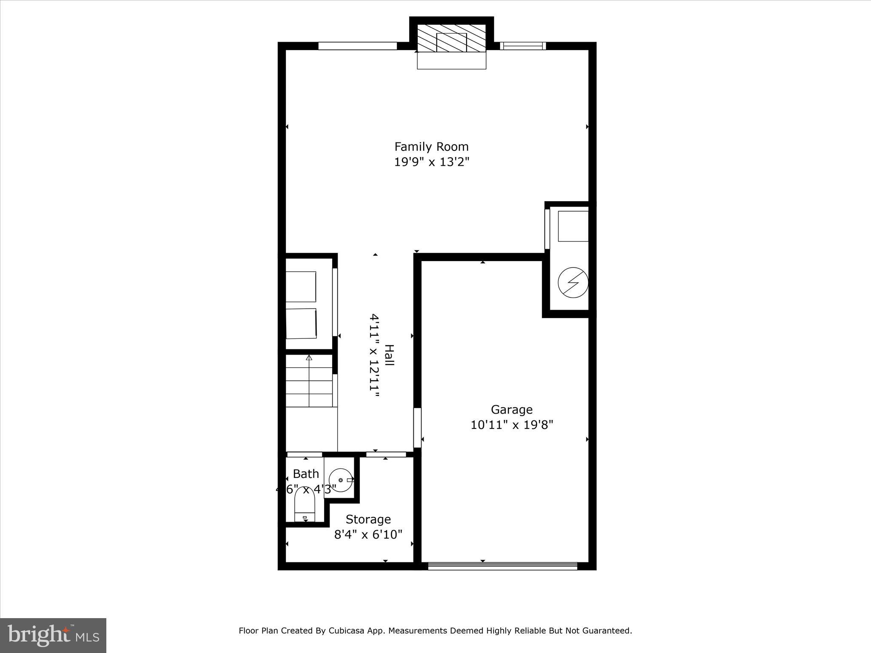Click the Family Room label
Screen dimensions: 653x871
coord(431,147)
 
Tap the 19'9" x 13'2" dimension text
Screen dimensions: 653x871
coord(431,162)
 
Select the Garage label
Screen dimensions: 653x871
coord(512,409)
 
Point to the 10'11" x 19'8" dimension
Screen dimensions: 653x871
coord(512,425)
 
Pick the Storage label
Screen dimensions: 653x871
coord(368,519)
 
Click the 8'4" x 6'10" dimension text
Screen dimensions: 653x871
coord(368,534)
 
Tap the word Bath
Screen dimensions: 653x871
coord(306,474)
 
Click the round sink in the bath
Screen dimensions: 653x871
coord(340,480)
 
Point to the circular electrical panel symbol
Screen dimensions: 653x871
coord(573,282)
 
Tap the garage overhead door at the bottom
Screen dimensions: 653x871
coord(502,566)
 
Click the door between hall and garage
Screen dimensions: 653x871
coord(417,428)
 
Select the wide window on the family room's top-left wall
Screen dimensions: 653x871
coord(358,46)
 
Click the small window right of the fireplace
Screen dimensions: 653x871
coord(523,46)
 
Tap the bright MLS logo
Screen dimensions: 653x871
coord(53,635)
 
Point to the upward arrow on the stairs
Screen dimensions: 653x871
coord(309,358)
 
